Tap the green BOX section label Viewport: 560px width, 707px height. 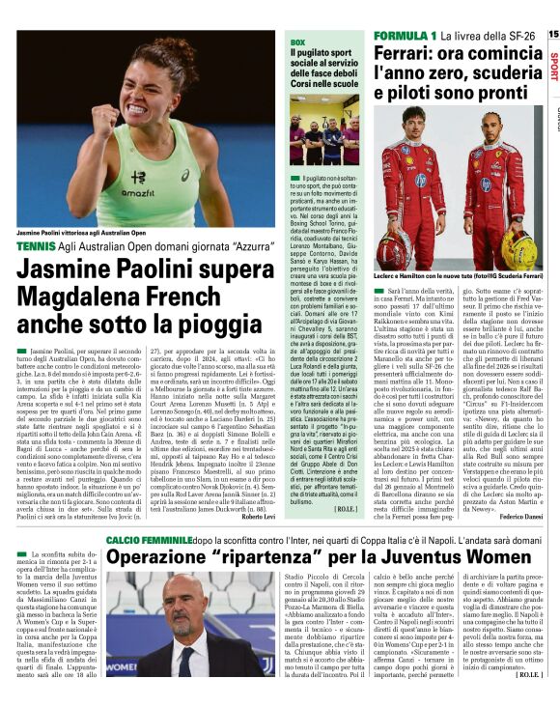(298, 43)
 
